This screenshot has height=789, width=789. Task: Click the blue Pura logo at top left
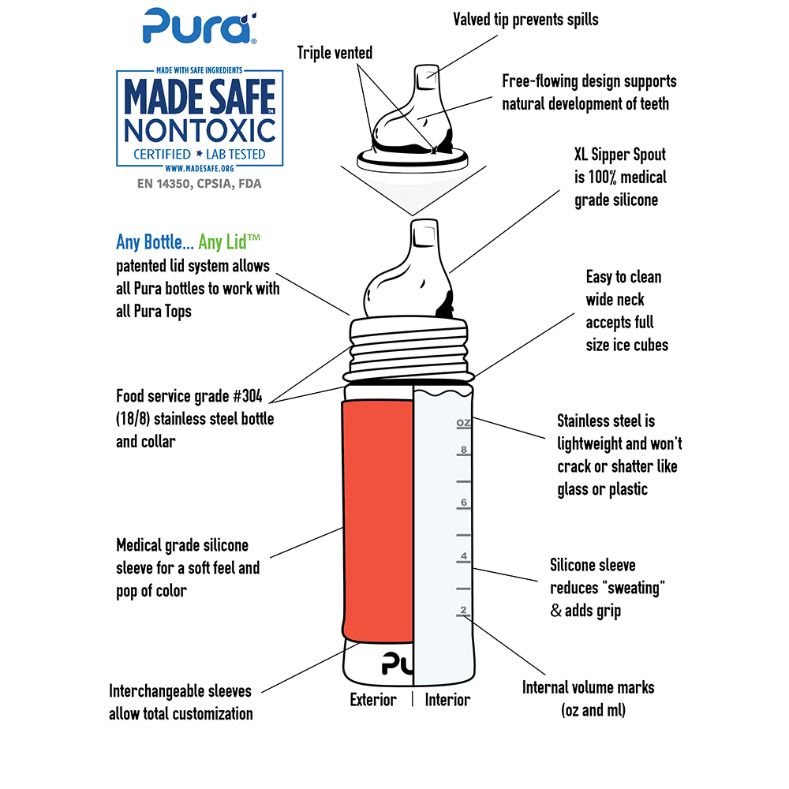point(200,26)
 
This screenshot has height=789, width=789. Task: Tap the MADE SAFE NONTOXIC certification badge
point(200,119)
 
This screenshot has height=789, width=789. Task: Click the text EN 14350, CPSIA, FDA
point(200,184)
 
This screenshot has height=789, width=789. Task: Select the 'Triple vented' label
point(335,53)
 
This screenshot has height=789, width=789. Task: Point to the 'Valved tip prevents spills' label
point(525,20)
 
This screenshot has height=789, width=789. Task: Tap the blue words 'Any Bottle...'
point(155,242)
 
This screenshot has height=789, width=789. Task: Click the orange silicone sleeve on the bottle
point(377,522)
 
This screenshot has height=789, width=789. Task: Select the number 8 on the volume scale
point(463,450)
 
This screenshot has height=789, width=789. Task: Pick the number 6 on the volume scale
point(463,502)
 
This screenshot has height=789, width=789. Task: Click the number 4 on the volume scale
point(463,556)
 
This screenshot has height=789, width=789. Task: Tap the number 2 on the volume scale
point(463,610)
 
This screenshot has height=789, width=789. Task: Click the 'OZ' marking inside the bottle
point(463,423)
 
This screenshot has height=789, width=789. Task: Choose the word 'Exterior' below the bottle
point(373,699)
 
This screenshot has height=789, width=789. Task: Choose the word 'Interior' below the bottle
point(447,699)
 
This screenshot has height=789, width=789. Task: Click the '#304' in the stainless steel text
point(248,396)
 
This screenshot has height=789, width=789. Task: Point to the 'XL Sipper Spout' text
point(620,155)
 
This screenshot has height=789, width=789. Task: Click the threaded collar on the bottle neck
point(409,350)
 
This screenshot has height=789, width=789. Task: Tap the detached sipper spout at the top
point(413,118)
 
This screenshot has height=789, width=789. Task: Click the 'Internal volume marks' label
point(589,687)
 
